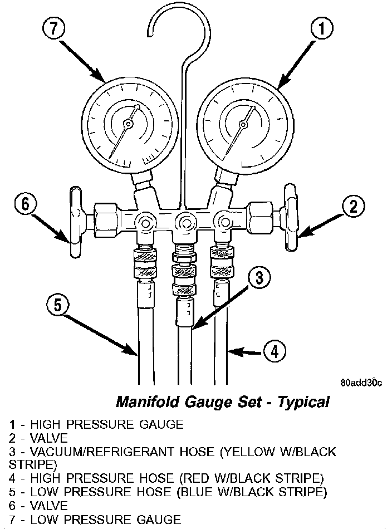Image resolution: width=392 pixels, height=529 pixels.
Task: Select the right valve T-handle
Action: coord(291,217)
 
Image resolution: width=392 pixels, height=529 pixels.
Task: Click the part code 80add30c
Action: coord(361,383)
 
